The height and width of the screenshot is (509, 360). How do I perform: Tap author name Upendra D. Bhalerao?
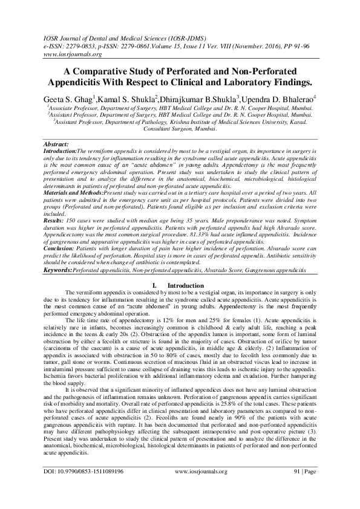click(x=293, y=97)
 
